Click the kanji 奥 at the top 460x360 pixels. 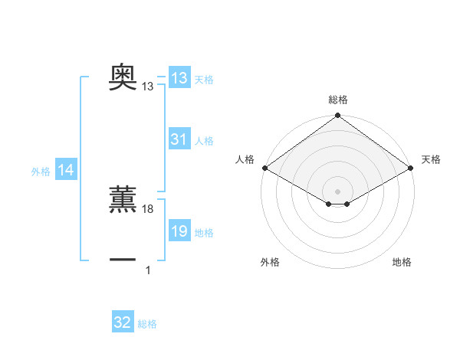[x=123, y=77]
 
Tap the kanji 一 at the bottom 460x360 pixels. [x=123, y=260]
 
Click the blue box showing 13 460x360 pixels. [x=179, y=78]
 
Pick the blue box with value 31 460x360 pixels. [x=179, y=139]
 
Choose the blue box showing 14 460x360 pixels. [x=66, y=171]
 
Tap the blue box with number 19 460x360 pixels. [x=179, y=232]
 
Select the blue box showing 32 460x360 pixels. [x=123, y=322]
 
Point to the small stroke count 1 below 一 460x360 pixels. [x=148, y=270]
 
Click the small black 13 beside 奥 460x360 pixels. [x=148, y=87]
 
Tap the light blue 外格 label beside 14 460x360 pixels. [x=41, y=172]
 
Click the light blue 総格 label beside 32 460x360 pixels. [x=147, y=324]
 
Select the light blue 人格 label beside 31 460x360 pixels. [x=204, y=141]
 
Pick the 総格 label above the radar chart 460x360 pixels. [x=337, y=100]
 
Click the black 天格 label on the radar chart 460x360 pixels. [x=431, y=159]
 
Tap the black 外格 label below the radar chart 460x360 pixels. [x=270, y=262]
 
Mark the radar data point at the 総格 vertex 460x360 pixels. [x=337, y=116]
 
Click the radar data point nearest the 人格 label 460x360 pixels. [x=264, y=168]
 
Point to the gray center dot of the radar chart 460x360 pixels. [x=337, y=191]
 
